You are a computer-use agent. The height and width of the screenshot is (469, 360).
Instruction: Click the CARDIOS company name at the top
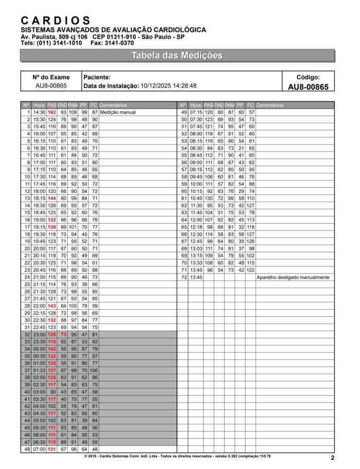click(x=56, y=21)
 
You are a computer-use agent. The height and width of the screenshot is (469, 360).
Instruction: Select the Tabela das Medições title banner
click(x=177, y=56)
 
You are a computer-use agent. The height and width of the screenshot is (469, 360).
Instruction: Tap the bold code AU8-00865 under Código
click(x=308, y=87)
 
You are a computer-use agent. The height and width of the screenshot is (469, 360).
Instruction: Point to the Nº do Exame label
click(x=51, y=77)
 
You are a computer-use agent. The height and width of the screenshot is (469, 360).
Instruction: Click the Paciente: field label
click(x=97, y=77)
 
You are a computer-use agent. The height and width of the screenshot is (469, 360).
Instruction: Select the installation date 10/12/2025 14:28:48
click(x=168, y=86)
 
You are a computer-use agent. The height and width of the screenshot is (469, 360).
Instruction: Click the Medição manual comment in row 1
click(x=118, y=112)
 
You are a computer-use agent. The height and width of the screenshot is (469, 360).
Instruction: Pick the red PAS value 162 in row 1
click(x=52, y=112)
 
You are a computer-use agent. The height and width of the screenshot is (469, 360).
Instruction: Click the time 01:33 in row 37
click(x=40, y=370)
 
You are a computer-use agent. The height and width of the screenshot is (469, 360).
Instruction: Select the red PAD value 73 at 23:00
click(x=63, y=334)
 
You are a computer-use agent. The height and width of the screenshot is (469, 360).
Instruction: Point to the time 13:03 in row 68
click(x=196, y=248)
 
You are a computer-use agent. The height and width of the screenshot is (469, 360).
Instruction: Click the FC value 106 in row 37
click(x=94, y=370)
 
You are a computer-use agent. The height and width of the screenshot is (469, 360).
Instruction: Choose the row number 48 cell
click(x=26, y=449)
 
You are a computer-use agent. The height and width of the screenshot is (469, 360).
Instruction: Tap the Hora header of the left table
click(x=39, y=105)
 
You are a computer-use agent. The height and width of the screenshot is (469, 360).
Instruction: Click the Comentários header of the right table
click(x=269, y=105)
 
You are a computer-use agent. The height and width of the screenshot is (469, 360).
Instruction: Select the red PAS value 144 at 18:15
click(x=52, y=198)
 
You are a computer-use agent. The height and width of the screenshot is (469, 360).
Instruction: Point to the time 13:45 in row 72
click(x=196, y=277)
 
